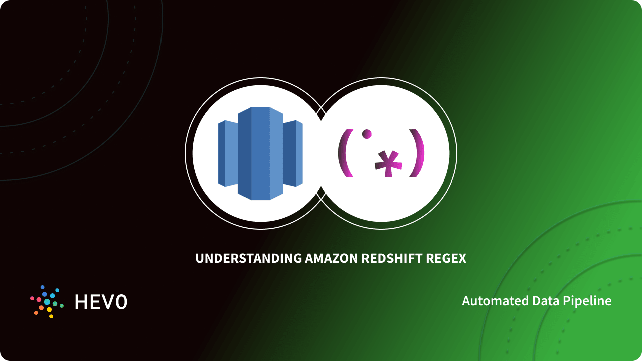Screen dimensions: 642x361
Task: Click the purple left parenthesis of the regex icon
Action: point(344,153)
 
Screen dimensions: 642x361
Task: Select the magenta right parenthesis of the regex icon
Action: point(417,153)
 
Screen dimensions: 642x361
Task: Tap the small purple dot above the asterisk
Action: point(367,134)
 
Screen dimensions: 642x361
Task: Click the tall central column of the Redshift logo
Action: point(260,153)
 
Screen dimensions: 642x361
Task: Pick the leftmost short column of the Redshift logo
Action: point(227,153)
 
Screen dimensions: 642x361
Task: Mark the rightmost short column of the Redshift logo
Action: point(293,153)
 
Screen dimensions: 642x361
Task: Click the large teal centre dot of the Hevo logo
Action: point(47,302)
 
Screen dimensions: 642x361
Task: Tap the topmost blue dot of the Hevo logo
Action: point(43,287)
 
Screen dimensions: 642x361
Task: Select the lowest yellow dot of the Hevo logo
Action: point(51,316)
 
